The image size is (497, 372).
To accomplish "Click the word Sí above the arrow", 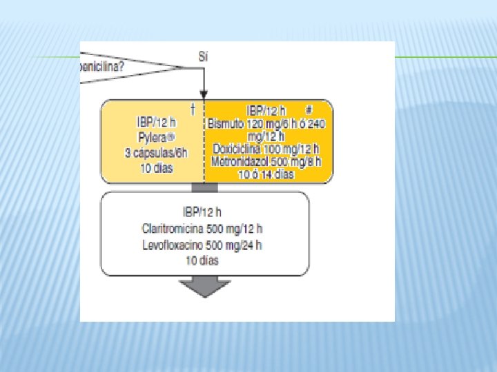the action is click(203, 56).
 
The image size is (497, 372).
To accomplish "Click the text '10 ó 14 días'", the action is click(266, 174).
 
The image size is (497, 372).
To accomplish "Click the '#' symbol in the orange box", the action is click(309, 110).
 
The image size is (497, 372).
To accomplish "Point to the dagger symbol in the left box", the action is click(192, 108).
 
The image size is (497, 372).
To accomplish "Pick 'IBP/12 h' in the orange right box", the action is click(266, 111).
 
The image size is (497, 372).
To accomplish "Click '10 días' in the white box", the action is click(202, 260).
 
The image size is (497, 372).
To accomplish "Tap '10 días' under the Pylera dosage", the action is click(155, 167).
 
